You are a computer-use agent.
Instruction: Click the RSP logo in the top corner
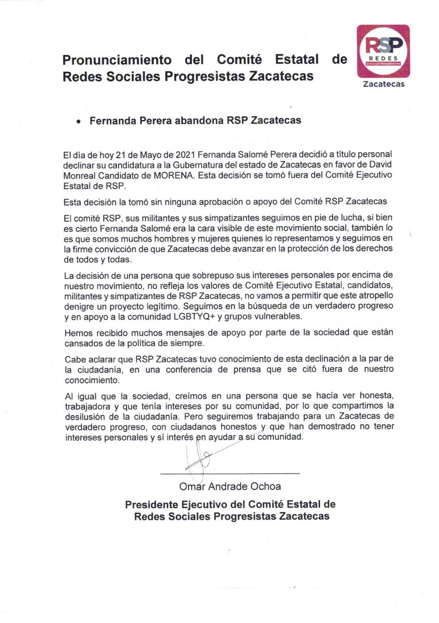[x=383, y=51]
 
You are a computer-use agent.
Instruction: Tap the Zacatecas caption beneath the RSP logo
[x=384, y=84]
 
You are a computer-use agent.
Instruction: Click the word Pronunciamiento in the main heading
[x=117, y=60]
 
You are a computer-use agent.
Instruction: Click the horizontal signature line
[x=230, y=473]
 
